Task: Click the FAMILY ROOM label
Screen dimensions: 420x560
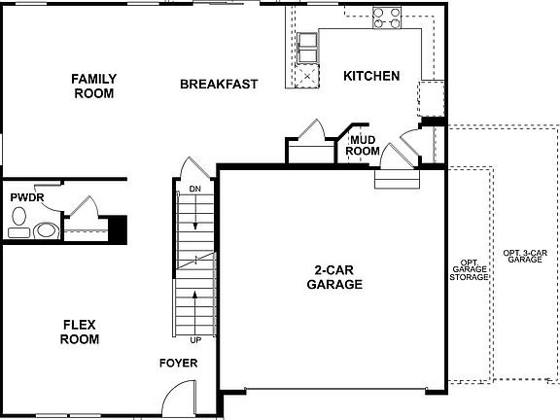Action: click(x=93, y=86)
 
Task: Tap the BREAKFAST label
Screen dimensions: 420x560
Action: click(x=219, y=84)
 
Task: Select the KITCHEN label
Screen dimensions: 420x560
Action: click(x=371, y=76)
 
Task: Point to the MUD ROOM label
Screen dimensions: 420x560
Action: click(x=364, y=146)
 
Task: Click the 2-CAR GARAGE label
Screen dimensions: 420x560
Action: click(x=334, y=277)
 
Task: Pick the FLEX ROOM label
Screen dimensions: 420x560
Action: click(x=80, y=332)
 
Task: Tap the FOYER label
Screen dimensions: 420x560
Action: click(x=179, y=363)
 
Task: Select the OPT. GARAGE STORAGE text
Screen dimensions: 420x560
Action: click(x=468, y=269)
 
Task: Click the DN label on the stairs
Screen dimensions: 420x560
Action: click(x=194, y=188)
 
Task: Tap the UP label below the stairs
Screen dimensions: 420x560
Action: click(x=195, y=340)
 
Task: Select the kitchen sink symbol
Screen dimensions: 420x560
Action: click(x=307, y=41)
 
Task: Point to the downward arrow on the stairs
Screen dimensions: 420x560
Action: click(x=195, y=214)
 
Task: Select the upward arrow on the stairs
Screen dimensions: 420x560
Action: click(x=195, y=306)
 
